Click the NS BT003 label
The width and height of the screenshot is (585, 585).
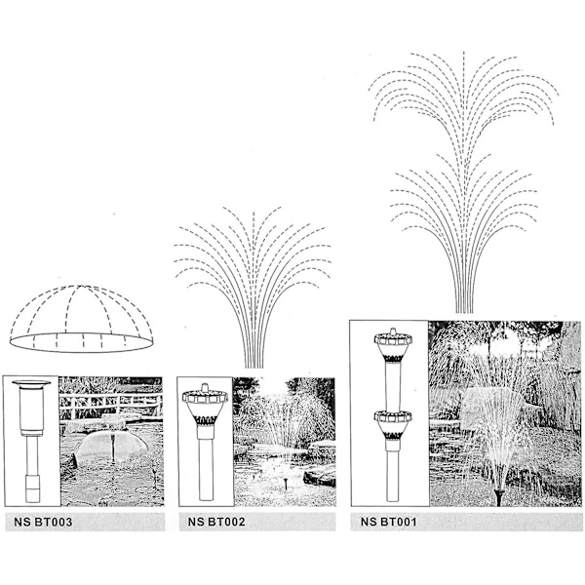[x=43, y=522]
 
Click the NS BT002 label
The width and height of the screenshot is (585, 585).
[x=216, y=522]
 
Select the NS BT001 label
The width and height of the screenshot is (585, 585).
[x=388, y=522]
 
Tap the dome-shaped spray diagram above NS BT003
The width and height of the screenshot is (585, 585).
[x=81, y=319]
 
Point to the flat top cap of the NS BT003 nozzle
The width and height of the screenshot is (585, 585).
[x=31, y=383]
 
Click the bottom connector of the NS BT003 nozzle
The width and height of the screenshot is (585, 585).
[x=32, y=488]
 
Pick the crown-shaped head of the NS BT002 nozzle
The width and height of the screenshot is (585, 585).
[x=205, y=405]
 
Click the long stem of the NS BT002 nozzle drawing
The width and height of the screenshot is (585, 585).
[x=207, y=470]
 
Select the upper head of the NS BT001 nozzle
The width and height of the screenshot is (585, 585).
[x=393, y=345]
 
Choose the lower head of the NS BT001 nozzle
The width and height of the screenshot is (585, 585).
[x=393, y=425]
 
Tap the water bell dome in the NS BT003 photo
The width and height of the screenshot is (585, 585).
[x=112, y=447]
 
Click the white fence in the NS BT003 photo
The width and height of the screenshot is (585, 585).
[x=111, y=402]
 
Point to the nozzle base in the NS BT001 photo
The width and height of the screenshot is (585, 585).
[x=499, y=497]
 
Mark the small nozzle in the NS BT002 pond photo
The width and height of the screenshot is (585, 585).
[x=285, y=484]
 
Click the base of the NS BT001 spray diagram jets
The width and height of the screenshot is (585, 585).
[x=464, y=309]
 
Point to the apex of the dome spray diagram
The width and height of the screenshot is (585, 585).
[x=81, y=286]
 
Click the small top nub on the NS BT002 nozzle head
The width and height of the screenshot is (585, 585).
[x=205, y=387]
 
